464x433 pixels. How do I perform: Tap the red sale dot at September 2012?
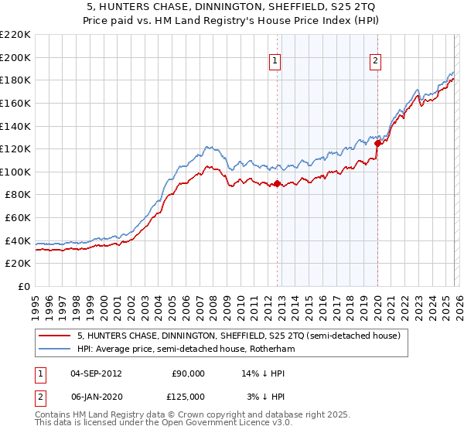277,183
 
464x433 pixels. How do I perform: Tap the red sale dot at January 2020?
377,143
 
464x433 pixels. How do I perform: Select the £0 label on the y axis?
25,286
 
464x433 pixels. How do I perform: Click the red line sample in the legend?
54,336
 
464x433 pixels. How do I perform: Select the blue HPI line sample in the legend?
54,349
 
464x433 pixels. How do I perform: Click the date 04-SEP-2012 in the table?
95,373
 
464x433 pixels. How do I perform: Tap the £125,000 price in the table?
188,396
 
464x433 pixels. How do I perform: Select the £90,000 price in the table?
188,373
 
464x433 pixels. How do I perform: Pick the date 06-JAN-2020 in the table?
95,396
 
